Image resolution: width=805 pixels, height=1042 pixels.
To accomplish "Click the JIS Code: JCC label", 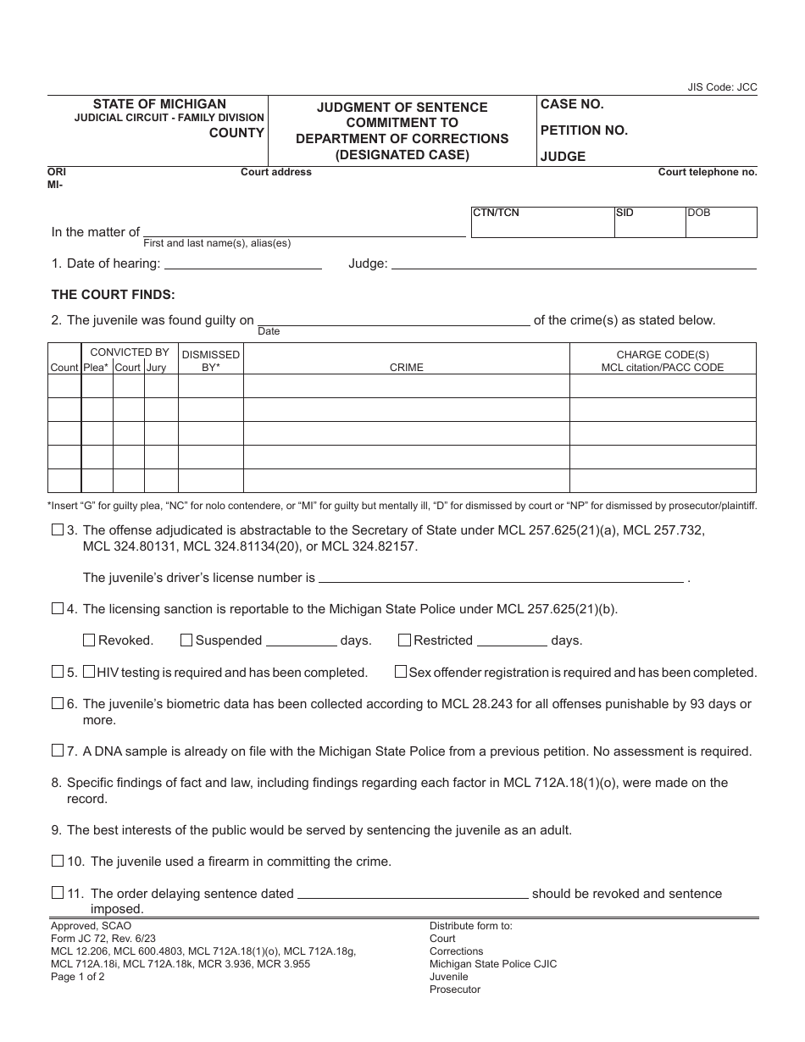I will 722,87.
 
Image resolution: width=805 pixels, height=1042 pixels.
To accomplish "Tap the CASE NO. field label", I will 572,104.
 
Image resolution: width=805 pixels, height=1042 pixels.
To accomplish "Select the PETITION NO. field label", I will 584,130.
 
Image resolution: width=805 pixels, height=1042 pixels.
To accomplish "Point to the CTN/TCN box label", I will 496,213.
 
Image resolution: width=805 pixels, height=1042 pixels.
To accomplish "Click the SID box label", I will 625,213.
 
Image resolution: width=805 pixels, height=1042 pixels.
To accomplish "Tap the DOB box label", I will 699,213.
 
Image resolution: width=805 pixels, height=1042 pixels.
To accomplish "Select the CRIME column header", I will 406,368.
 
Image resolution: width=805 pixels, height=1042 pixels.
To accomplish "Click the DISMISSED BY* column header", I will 211,361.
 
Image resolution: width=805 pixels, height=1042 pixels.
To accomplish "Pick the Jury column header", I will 156,368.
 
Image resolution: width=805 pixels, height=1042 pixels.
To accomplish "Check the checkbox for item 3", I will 58,530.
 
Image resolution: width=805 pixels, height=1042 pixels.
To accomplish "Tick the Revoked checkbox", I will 89,640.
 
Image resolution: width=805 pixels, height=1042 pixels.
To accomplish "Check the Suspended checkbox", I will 186,640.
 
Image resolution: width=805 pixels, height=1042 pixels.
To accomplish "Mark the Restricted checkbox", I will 404,640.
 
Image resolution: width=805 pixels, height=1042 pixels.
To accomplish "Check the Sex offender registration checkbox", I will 401,672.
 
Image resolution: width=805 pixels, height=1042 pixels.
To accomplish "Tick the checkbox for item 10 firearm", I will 58,861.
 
